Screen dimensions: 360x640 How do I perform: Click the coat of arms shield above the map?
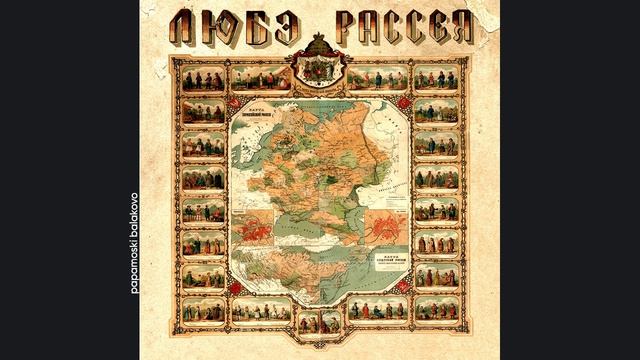pos(321,76)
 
